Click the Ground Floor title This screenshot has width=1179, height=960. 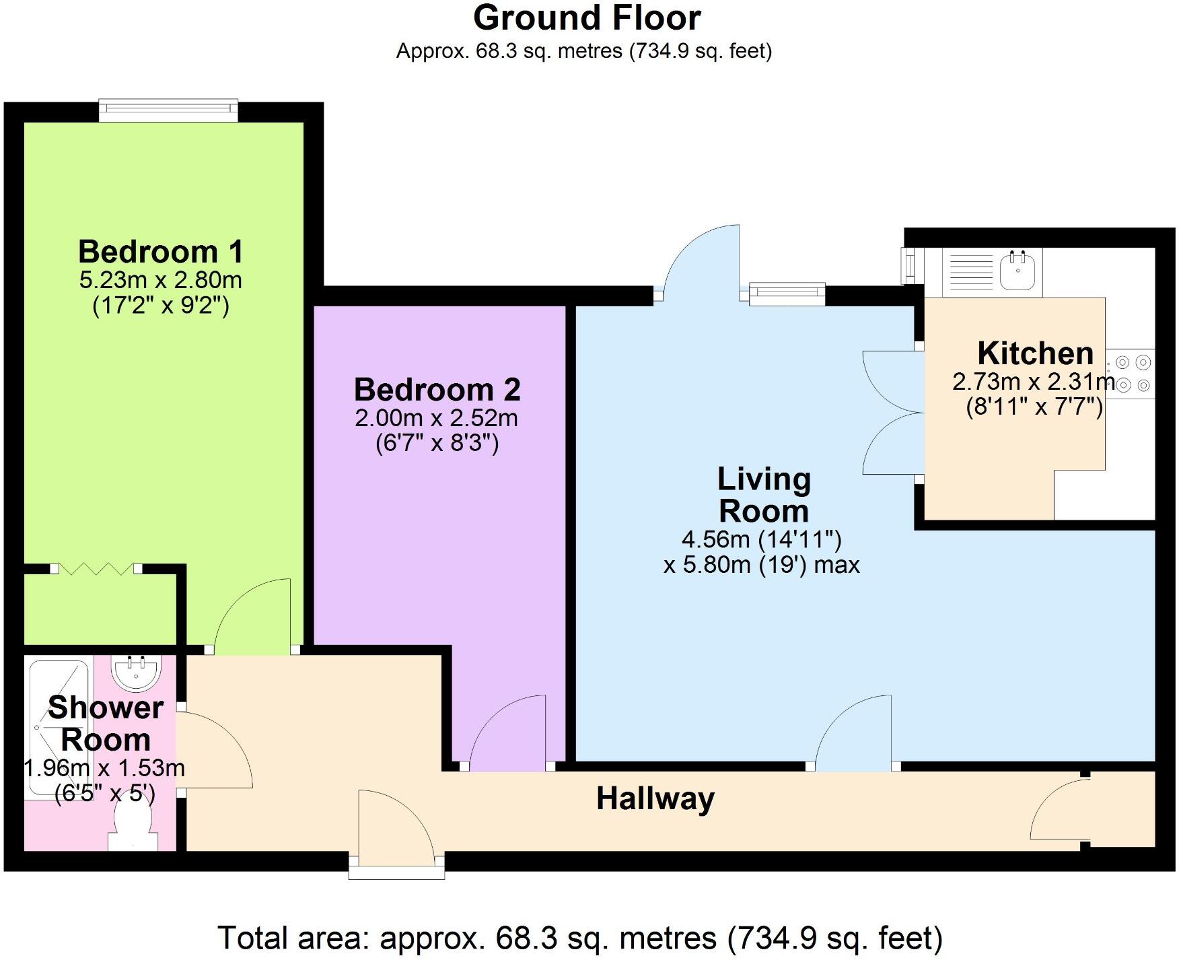[587, 18]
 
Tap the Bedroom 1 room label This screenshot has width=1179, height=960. [160, 252]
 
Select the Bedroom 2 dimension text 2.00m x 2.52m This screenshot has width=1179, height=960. [436, 418]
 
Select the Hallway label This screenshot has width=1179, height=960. [655, 798]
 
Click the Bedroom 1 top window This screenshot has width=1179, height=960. [168, 110]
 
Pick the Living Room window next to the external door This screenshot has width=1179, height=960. [787, 293]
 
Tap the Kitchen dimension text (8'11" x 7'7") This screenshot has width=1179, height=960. [1034, 407]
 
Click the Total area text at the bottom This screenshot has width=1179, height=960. [579, 937]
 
